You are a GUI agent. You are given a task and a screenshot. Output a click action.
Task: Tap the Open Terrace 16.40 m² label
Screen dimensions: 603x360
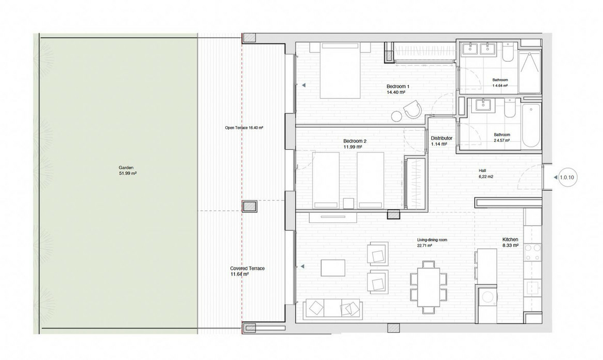coord(244,128)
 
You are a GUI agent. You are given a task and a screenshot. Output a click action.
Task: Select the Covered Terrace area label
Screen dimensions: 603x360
coord(247,271)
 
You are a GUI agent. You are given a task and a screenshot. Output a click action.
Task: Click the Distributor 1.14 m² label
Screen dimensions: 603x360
coord(441,141)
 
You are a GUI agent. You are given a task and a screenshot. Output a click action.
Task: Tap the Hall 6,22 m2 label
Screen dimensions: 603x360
coord(485,174)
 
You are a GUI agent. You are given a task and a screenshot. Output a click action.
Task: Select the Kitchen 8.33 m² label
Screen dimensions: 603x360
coord(510,242)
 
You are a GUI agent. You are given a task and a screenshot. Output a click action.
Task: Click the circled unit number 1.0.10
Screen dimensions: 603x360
coord(566,178)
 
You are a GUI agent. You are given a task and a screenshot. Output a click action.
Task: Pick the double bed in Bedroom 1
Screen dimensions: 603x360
coord(341,71)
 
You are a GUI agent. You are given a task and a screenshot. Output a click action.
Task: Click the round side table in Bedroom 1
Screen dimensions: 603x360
coord(396,116)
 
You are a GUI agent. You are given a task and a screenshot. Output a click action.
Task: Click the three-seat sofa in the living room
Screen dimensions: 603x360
coord(332,308)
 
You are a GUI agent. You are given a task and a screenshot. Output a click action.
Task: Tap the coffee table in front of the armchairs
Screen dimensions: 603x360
coord(332,268)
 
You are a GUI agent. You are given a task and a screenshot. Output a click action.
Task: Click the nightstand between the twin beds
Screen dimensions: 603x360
coord(349,203)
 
